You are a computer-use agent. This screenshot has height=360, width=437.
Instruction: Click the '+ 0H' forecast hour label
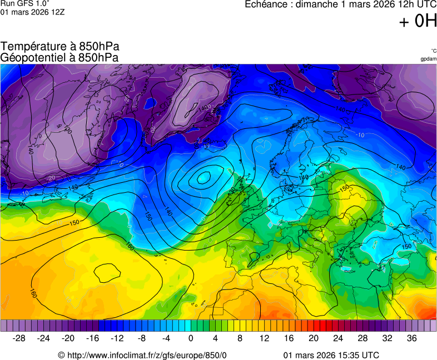tap(418, 21)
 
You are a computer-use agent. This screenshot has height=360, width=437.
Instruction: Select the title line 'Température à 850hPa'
tap(60, 47)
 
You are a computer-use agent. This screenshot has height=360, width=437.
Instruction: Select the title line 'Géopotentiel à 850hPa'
tap(59, 57)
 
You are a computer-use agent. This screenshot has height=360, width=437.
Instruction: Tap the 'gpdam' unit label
tap(428, 59)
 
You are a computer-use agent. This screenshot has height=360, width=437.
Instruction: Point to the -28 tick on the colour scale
tap(19, 338)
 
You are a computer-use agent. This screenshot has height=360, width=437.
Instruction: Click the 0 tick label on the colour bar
tap(191, 338)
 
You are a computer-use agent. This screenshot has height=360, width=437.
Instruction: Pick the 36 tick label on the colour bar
tap(411, 338)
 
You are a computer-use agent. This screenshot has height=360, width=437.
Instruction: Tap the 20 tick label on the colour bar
tap(314, 338)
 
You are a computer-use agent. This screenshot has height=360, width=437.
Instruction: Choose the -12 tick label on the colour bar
tap(117, 338)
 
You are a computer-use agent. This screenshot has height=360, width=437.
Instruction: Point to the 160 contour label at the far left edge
tap(33, 293)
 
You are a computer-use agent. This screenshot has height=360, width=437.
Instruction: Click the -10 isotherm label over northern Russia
tap(360, 135)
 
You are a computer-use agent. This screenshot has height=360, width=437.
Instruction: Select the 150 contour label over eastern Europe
tap(345, 189)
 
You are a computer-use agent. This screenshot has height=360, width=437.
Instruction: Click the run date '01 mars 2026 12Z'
tap(32, 12)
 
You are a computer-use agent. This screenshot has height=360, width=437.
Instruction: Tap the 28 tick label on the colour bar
tap(362, 338)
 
